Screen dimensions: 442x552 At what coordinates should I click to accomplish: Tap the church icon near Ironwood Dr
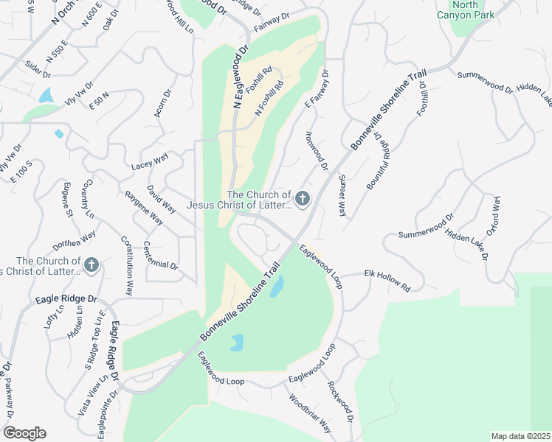(302, 198)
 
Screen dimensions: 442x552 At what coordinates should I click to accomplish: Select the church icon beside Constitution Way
(91, 264)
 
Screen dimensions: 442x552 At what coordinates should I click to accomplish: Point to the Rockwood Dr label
(341, 401)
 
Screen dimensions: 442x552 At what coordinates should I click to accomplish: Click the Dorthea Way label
(74, 241)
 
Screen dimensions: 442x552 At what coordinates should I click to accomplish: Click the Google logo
(24, 433)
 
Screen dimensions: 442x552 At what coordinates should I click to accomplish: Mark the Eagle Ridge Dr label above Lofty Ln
(66, 301)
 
